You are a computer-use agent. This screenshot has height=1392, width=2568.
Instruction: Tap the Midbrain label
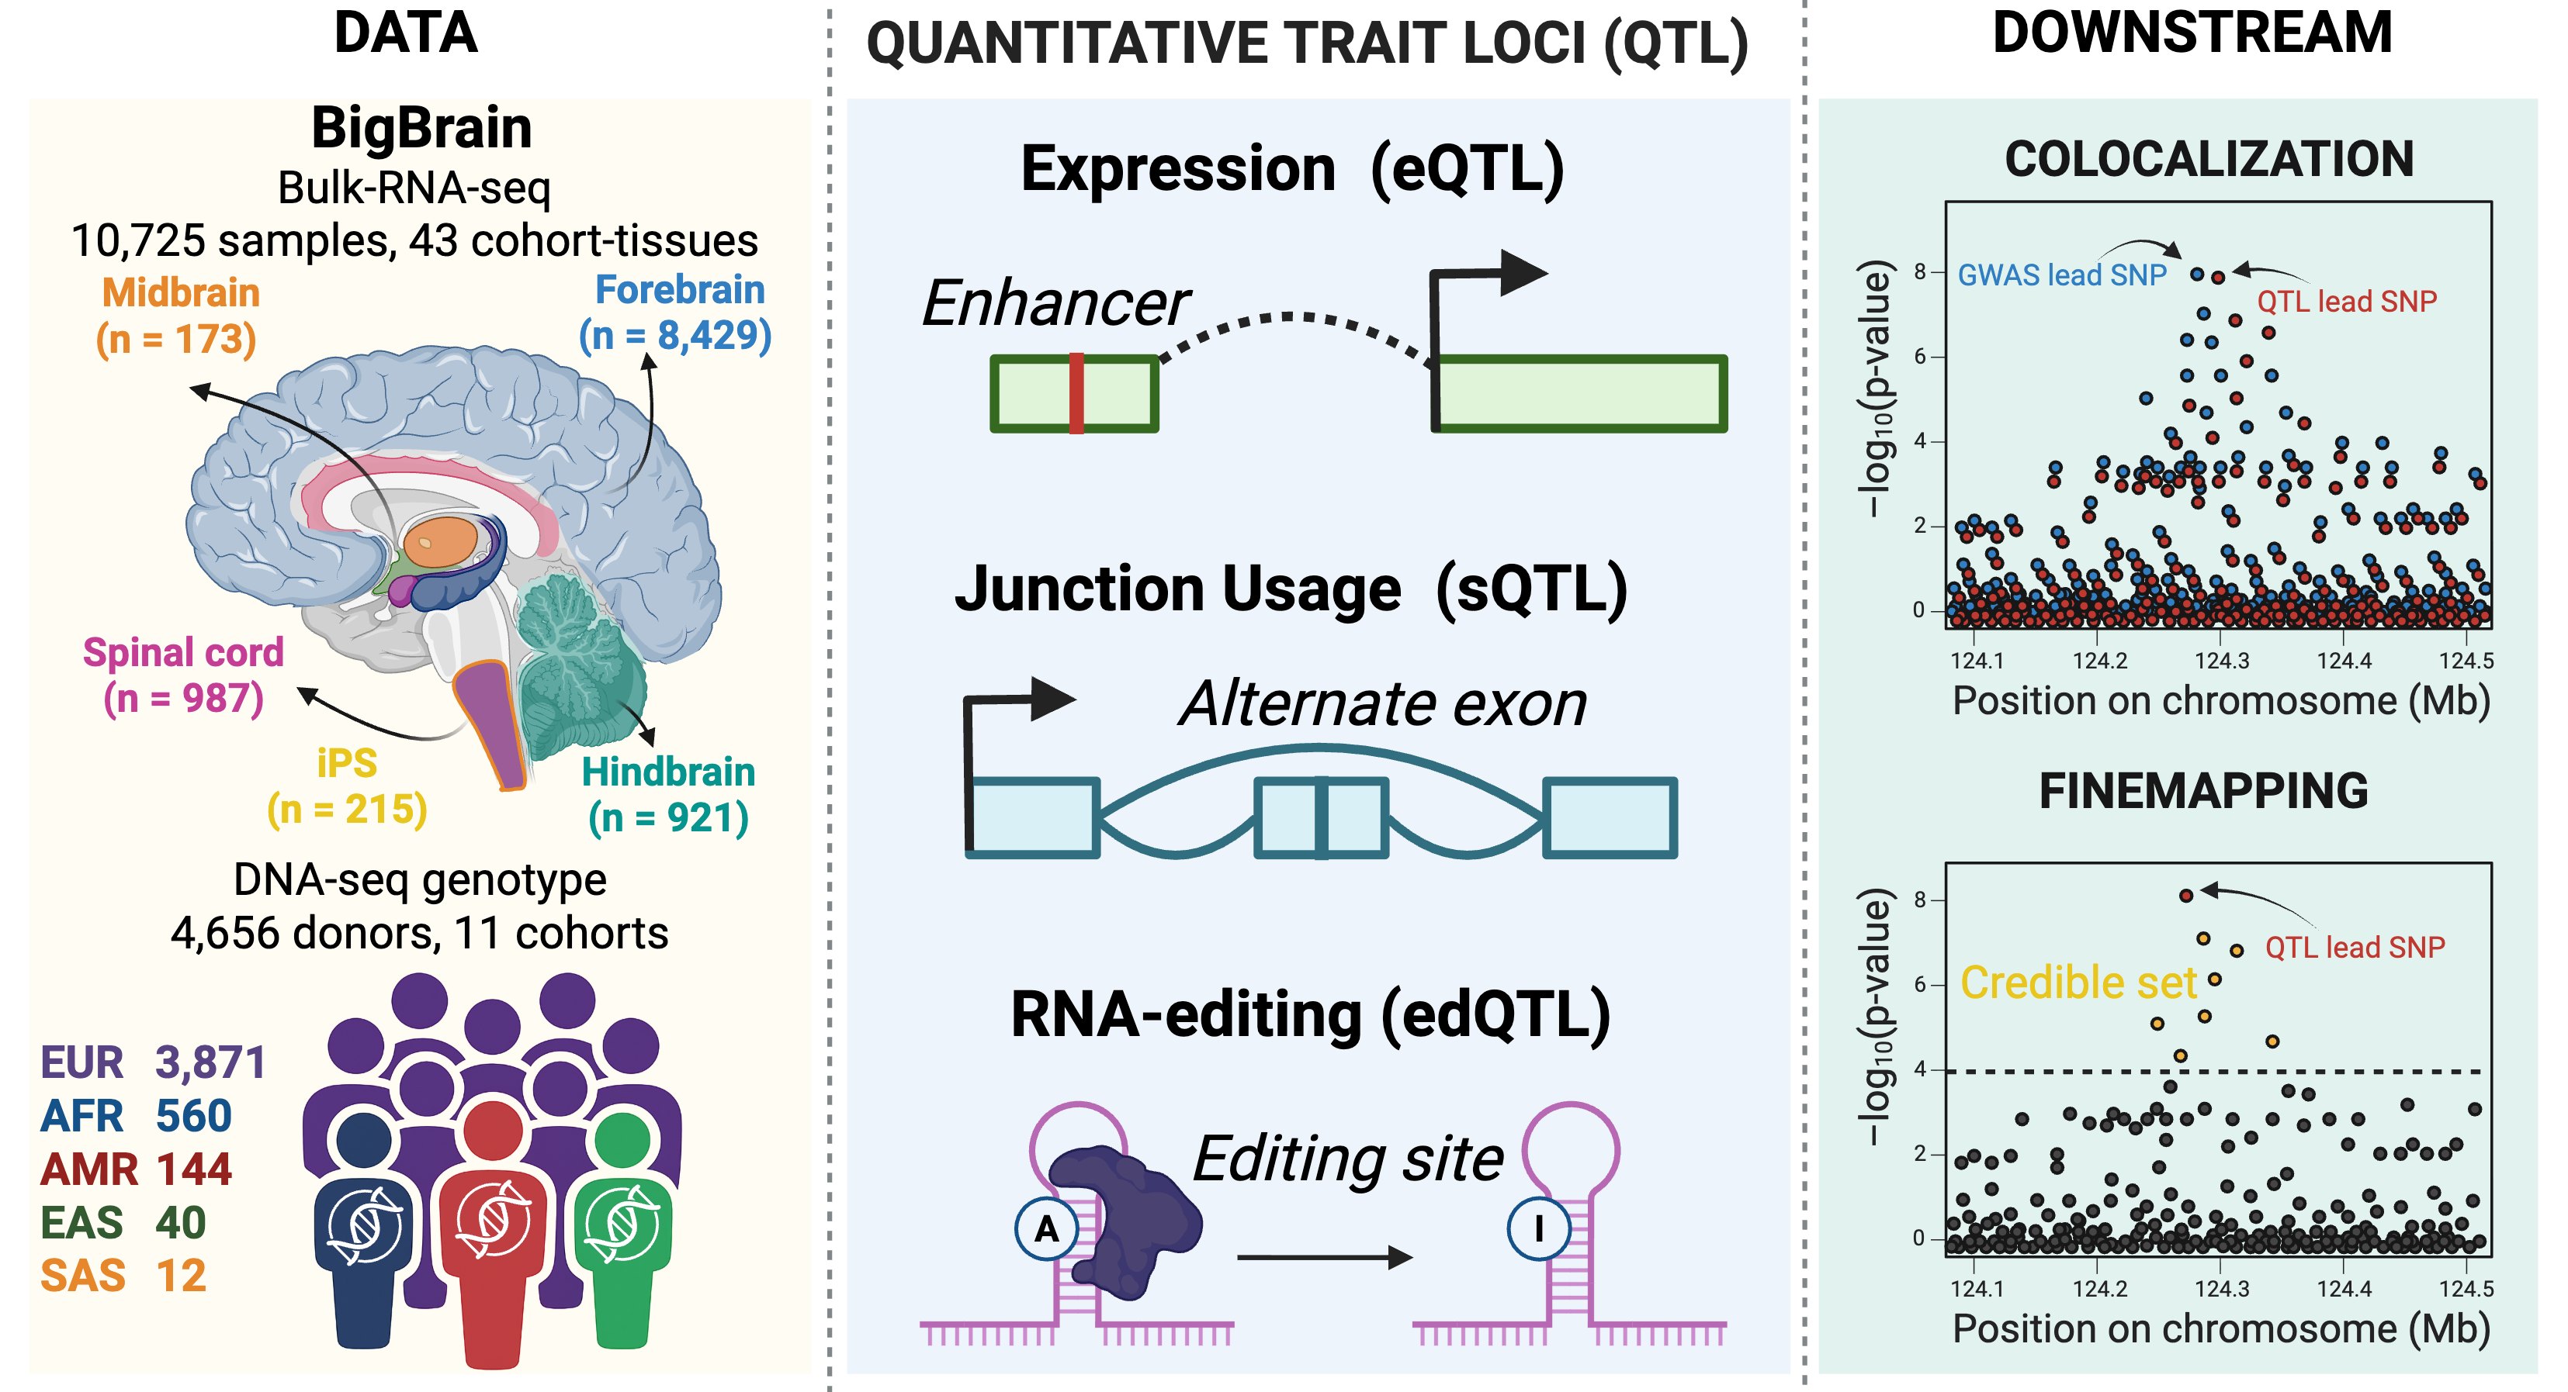click(181, 293)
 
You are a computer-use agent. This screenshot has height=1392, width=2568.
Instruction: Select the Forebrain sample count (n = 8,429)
click(675, 336)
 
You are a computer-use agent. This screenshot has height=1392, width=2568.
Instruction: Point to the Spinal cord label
click(183, 653)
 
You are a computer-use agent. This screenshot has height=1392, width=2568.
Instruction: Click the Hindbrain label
click(668, 772)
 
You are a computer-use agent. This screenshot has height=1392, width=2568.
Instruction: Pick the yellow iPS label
click(347, 763)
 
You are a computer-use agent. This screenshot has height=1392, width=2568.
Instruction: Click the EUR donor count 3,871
click(210, 1062)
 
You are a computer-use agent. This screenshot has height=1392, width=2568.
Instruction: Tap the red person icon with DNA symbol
click(494, 1225)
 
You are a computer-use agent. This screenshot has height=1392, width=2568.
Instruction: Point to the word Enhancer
click(1055, 303)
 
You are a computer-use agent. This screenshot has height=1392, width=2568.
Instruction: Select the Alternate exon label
click(1383, 704)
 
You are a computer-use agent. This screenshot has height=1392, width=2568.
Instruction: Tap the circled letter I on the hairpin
click(1538, 1228)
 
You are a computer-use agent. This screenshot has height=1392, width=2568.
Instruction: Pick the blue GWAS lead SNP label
click(2061, 275)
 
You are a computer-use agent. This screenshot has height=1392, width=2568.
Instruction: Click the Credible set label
click(2078, 983)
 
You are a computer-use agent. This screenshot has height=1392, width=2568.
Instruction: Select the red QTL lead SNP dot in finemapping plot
click(2186, 896)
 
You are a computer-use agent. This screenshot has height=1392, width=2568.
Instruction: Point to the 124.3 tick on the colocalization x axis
click(2222, 661)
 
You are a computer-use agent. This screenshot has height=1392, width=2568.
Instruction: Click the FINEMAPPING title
click(2203, 791)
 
